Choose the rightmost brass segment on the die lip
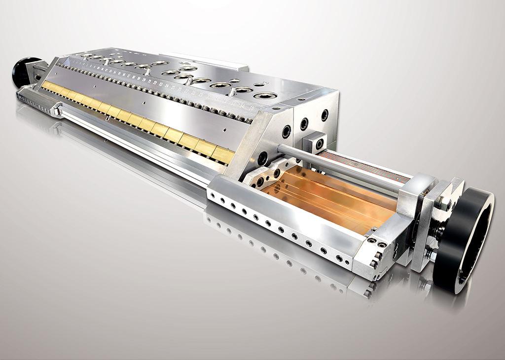[223, 155]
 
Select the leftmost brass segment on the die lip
[47, 86]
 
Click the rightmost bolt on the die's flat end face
[325, 115]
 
